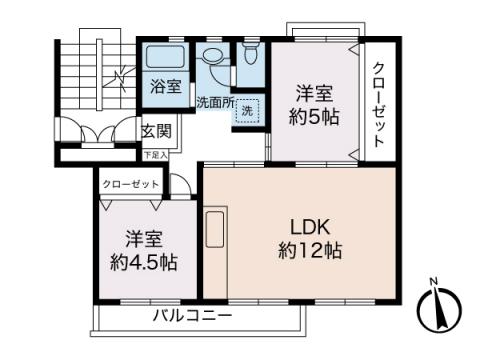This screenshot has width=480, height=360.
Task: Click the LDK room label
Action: click(310, 225)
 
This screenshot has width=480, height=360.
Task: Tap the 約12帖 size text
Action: click(310, 250)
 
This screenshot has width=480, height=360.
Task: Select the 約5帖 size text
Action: click(314, 117)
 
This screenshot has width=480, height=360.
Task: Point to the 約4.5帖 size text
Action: click(144, 263)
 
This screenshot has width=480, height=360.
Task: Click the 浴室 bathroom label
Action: click(166, 86)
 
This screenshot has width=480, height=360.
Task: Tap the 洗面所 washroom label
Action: click(213, 101)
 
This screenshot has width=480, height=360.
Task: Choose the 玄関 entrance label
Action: click(155, 130)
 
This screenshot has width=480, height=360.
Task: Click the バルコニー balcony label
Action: click(193, 316)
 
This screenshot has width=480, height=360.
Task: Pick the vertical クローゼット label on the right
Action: click(379, 105)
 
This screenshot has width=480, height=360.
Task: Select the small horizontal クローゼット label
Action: click(131, 185)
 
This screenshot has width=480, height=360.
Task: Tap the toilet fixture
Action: click(250, 55)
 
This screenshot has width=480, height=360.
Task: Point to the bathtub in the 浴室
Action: click(164, 56)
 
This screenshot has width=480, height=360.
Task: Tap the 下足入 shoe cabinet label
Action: click(155, 155)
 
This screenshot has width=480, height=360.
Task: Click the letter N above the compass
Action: click(432, 281)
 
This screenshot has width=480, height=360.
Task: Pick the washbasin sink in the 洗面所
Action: click(213, 59)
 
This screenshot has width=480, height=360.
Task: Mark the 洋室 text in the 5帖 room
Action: click(314, 94)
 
